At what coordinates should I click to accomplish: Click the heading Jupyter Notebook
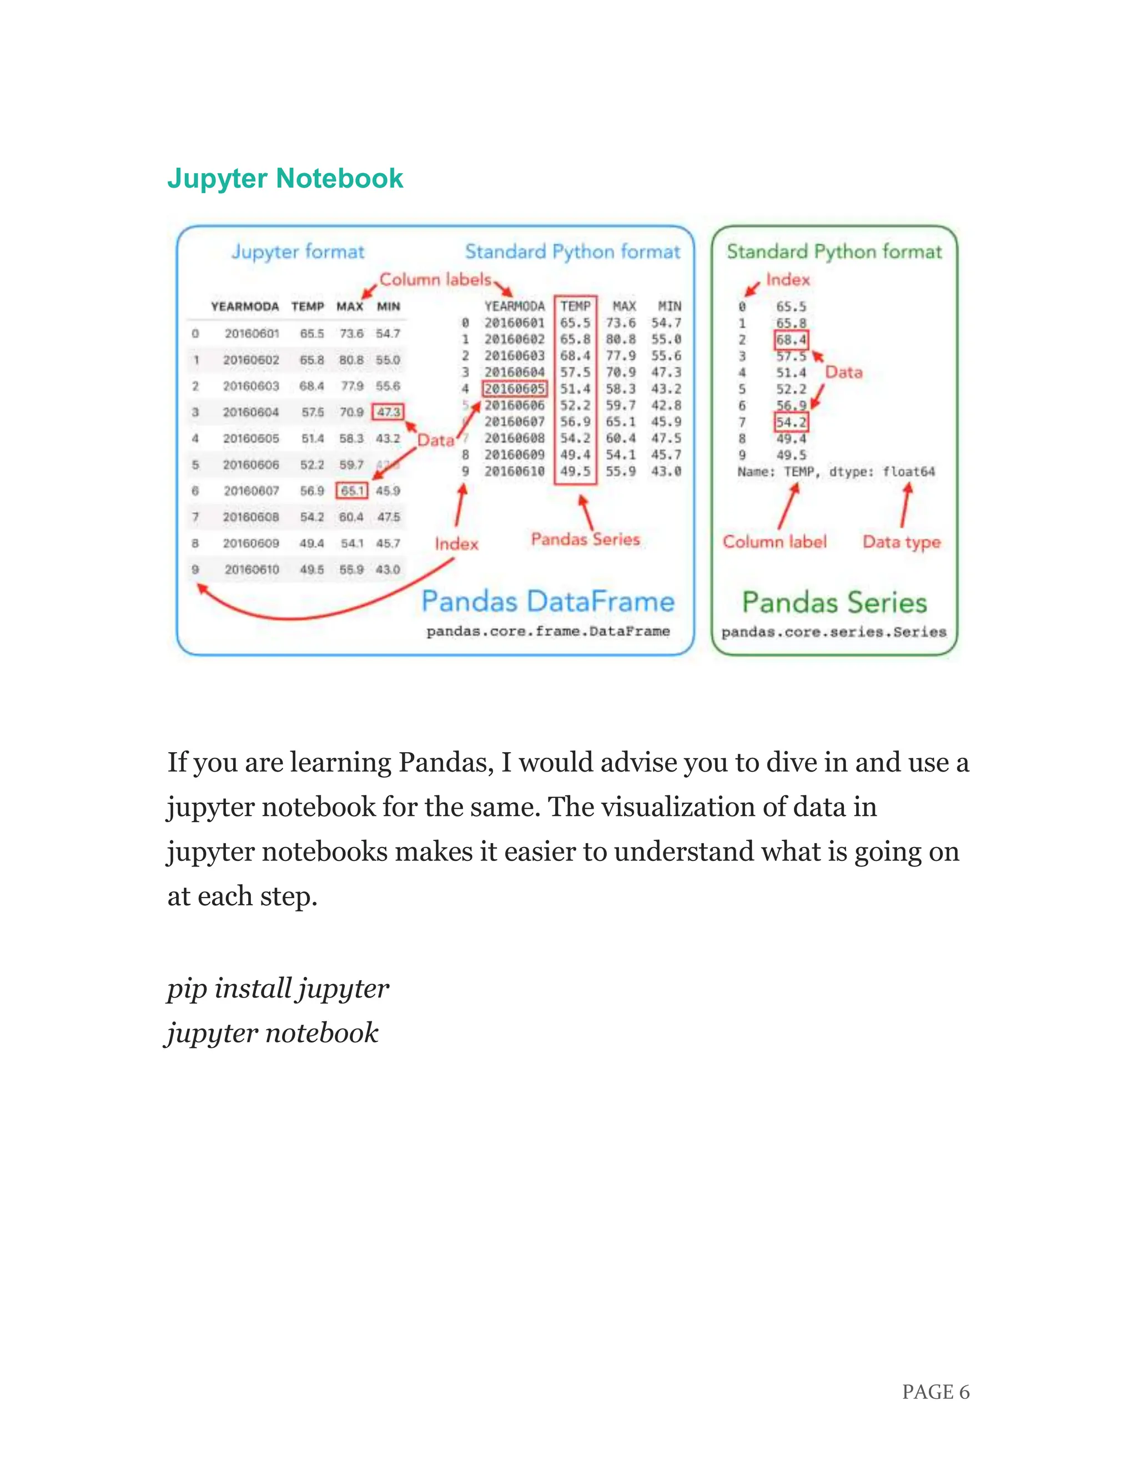point(284,179)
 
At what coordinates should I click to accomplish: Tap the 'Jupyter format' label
point(298,251)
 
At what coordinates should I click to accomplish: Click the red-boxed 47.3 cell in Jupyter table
point(388,411)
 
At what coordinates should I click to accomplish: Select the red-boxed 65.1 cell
point(351,490)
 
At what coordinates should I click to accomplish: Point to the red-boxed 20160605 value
point(515,389)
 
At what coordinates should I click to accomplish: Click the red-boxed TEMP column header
point(575,306)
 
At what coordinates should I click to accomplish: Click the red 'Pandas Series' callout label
point(585,539)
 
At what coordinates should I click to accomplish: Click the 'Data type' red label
point(901,542)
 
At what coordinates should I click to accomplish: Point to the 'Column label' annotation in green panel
point(774,542)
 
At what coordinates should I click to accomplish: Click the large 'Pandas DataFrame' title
point(547,601)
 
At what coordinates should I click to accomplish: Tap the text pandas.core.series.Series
point(834,632)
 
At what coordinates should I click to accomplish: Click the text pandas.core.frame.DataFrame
point(547,631)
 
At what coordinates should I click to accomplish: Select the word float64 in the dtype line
point(909,471)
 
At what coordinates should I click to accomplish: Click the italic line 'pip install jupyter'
point(278,988)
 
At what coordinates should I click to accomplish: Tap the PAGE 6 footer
point(935,1392)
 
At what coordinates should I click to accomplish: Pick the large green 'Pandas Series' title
point(834,602)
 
